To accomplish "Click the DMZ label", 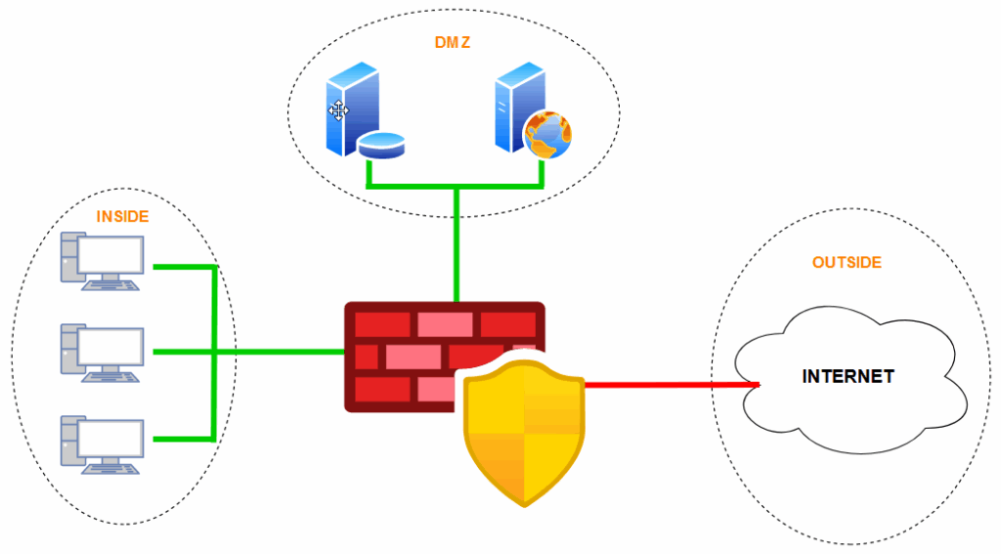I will click(x=454, y=43).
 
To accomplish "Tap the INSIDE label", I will click(x=122, y=216).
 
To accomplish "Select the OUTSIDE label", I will click(x=847, y=263).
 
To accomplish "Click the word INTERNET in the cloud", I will click(x=848, y=376).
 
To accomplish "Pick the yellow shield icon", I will click(x=523, y=430).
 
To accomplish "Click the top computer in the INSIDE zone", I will click(x=103, y=262).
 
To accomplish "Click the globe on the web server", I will click(x=547, y=135).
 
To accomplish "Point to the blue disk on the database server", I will click(x=381, y=148).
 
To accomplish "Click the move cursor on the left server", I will click(x=338, y=110).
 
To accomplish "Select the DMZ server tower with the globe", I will click(x=513, y=107).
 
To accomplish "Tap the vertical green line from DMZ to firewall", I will click(x=456, y=244).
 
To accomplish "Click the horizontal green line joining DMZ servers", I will click(x=456, y=186).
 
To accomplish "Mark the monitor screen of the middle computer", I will click(x=110, y=343).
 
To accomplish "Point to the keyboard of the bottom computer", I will click(x=109, y=468).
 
